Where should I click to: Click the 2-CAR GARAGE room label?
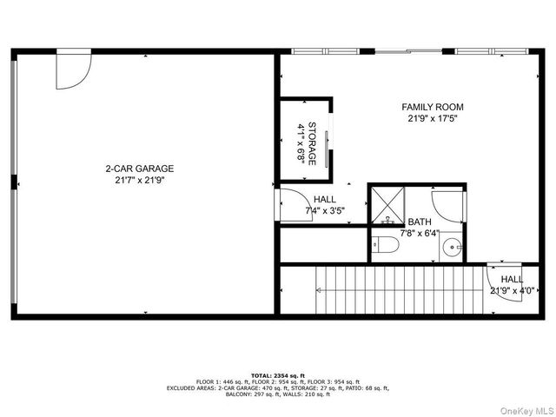point(139,169)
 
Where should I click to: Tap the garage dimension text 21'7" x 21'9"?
point(139,181)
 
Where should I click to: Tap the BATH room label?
point(419,222)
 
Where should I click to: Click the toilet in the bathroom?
point(386,247)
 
